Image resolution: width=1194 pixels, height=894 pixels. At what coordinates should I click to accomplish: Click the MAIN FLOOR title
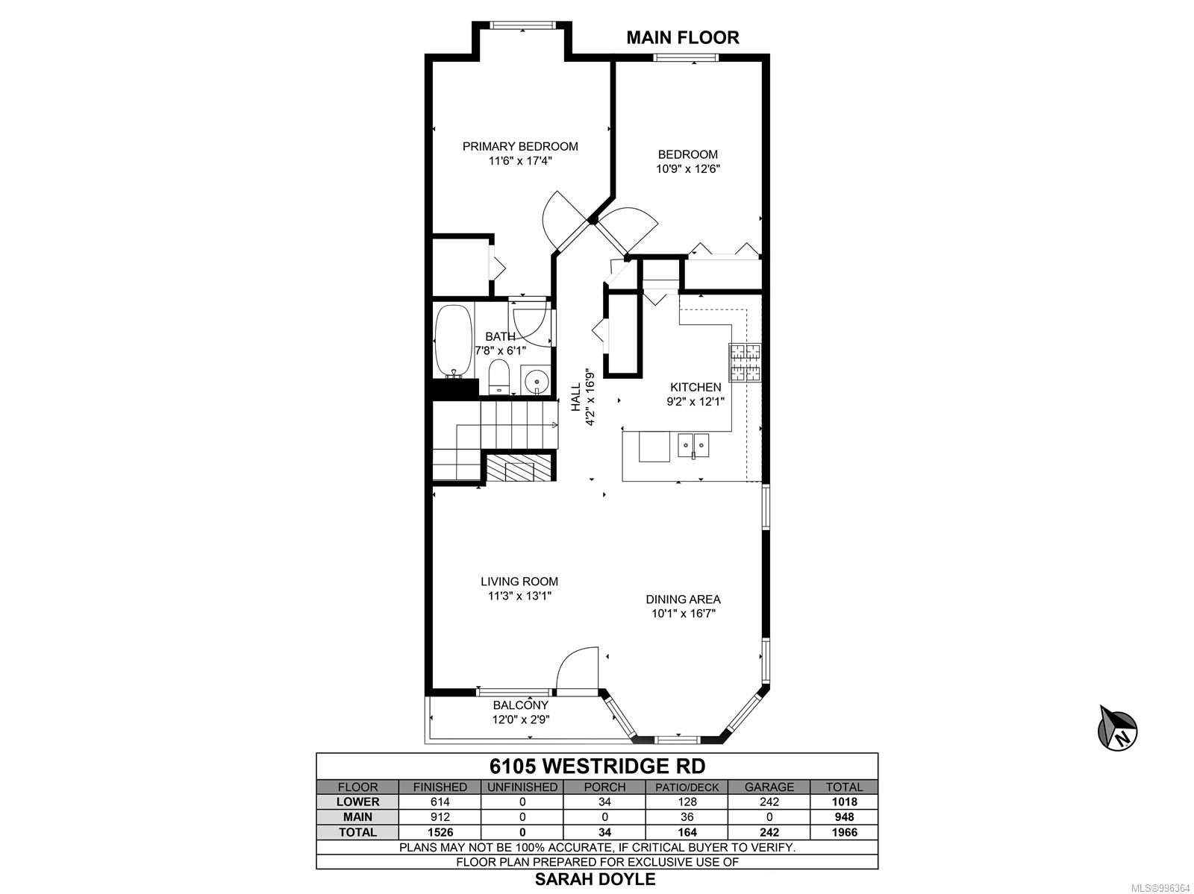(683, 37)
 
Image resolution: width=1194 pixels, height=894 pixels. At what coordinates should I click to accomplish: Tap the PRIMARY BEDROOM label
(520, 146)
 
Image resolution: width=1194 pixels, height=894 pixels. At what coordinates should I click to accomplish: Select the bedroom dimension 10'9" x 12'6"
(687, 169)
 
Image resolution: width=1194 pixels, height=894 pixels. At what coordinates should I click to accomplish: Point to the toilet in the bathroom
(498, 376)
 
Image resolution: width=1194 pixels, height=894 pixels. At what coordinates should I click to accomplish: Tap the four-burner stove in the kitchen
(746, 362)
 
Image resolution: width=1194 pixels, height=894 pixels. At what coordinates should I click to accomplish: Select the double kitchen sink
(693, 446)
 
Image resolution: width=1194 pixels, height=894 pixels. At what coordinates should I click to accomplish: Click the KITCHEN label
(696, 387)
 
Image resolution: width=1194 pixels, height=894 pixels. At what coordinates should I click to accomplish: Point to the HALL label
(575, 397)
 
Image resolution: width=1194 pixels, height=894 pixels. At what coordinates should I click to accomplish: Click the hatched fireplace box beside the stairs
(518, 468)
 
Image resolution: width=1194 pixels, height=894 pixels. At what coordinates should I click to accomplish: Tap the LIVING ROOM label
(519, 581)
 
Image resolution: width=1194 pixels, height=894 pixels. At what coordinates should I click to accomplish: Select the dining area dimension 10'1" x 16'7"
(684, 614)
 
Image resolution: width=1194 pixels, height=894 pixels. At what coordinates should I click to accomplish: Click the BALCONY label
(521, 705)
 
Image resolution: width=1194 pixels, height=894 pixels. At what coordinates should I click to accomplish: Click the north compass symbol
(1117, 729)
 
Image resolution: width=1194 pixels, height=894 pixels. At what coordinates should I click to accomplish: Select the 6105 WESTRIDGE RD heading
(597, 766)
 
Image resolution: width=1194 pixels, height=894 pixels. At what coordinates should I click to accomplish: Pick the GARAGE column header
(769, 787)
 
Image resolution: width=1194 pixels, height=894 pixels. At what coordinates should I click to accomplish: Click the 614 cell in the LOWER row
(440, 802)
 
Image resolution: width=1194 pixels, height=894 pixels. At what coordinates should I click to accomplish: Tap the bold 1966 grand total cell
(844, 832)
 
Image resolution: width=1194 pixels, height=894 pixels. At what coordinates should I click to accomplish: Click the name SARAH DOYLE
(595, 879)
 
